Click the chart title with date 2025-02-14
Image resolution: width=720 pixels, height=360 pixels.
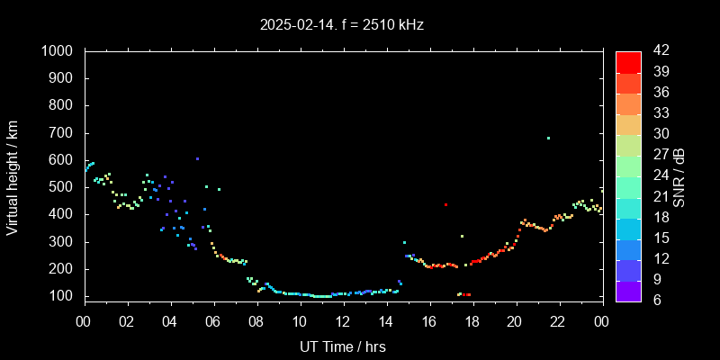point(341,25)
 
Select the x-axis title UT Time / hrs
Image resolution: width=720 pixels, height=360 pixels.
point(342,346)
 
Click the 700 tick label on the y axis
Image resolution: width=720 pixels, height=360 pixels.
point(63,133)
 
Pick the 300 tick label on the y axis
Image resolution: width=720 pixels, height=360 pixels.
point(63,242)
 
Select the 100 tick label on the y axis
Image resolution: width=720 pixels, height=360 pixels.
point(63,296)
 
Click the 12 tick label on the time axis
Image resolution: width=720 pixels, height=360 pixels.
point(343,322)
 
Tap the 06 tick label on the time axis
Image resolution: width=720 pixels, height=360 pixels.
point(213,322)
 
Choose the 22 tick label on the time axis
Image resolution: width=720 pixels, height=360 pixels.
point(558,322)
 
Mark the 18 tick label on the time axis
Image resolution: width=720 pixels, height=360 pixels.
point(472,322)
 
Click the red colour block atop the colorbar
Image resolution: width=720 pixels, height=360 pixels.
point(628,61)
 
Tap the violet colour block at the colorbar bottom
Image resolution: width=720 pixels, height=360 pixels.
point(628,290)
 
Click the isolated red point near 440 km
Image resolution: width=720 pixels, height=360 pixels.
point(445,205)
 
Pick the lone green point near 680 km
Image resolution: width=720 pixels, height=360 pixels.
point(548,139)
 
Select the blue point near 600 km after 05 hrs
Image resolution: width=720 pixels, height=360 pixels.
point(197,159)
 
